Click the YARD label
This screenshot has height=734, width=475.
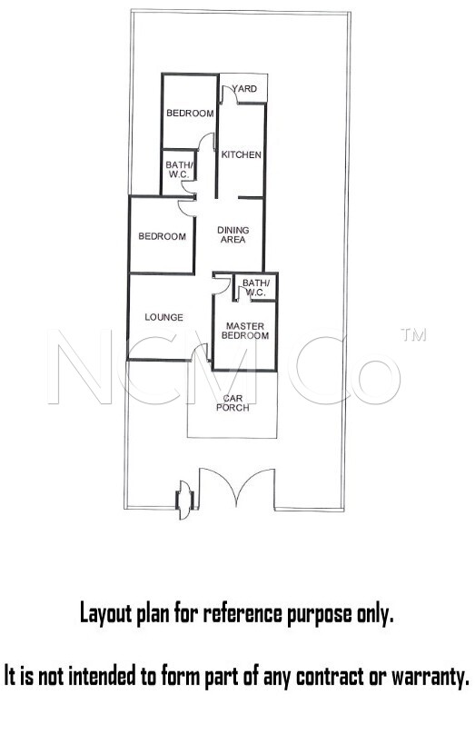(x=244, y=88)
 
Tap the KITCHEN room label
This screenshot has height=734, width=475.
(x=241, y=154)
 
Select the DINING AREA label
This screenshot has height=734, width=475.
(x=233, y=234)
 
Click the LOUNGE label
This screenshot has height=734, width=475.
(x=163, y=317)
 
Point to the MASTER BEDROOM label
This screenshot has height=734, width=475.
(x=245, y=331)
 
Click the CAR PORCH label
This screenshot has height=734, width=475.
(x=233, y=402)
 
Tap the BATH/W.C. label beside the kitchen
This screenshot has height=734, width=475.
(x=179, y=170)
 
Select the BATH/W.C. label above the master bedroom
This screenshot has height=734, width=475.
(x=256, y=288)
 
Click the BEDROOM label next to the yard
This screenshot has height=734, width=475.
(x=190, y=113)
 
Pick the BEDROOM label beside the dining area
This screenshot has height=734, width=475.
(x=162, y=236)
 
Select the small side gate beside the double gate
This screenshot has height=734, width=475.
(x=184, y=500)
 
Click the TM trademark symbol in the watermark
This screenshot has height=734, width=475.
(x=413, y=334)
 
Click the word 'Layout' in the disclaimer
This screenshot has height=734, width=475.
(x=105, y=614)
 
